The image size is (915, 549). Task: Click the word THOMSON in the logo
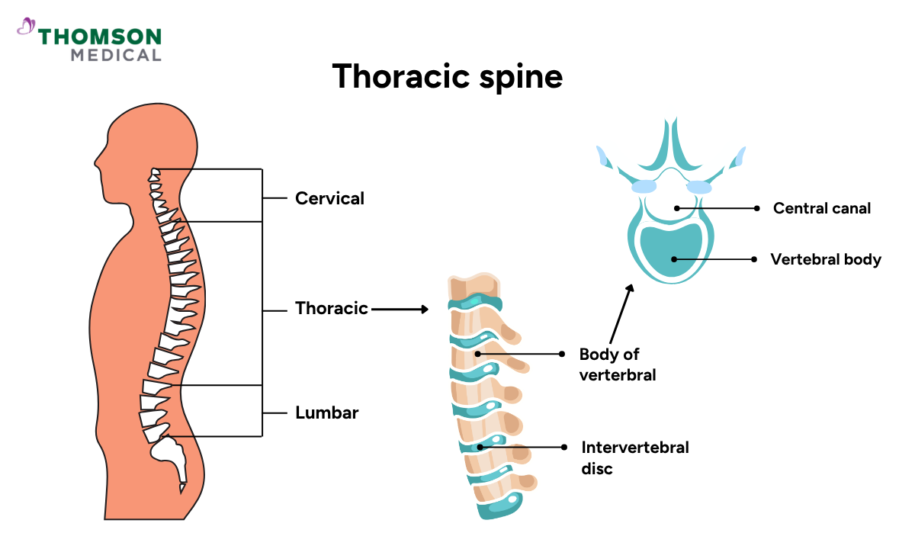tap(100, 37)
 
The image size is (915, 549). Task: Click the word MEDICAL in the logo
tap(115, 55)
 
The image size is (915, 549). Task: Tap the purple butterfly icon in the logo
tap(26, 27)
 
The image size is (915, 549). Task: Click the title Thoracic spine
tap(448, 77)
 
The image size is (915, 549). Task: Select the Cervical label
tap(329, 198)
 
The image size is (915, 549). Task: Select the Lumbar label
tap(326, 413)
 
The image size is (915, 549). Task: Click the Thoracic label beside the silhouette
tap(331, 309)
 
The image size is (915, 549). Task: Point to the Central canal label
tap(821, 208)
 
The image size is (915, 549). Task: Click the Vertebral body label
tap(825, 259)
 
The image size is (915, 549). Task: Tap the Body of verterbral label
tap(617, 364)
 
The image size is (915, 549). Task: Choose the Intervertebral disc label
tap(634, 457)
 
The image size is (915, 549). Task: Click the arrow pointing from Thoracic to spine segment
tap(400, 309)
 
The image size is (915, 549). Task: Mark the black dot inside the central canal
tap(676, 207)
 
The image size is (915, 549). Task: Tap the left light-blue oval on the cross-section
tap(644, 186)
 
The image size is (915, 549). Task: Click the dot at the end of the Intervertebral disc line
tap(564, 447)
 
